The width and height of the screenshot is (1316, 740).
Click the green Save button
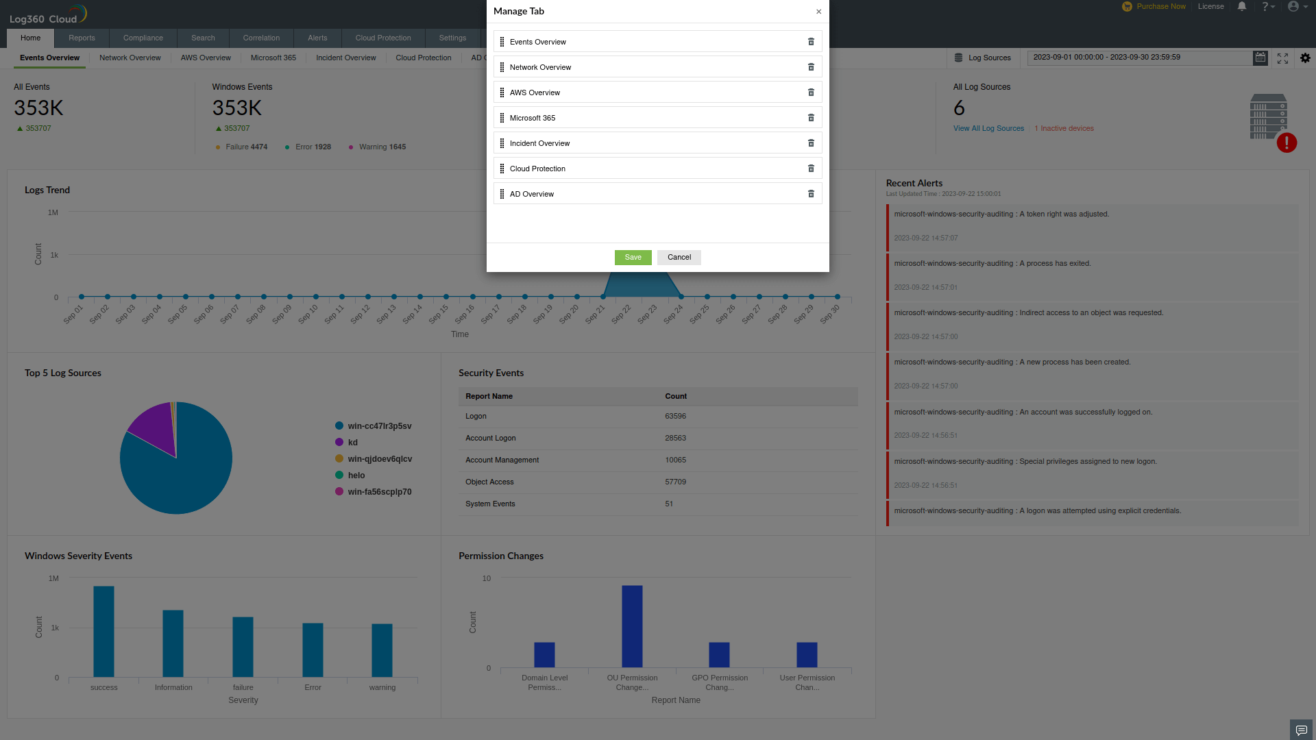coord(633,258)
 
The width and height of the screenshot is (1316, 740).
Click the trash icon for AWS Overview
coord(811,92)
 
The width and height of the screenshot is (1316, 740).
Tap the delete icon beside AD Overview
coord(811,194)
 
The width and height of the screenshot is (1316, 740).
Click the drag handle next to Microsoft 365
coord(502,118)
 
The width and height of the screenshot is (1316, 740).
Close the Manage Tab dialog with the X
coord(818,12)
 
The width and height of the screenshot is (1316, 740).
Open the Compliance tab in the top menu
coord(143,38)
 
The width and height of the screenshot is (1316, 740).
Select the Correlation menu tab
coord(261,38)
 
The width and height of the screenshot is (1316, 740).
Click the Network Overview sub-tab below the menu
coord(130,58)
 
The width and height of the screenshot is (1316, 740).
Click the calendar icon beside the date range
coord(1260,58)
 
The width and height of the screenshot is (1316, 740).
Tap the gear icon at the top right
coord(1305,58)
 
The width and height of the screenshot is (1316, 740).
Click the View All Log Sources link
coord(988,129)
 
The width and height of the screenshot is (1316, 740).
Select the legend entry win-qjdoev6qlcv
coord(379,459)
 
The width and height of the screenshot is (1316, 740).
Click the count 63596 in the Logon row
coord(675,417)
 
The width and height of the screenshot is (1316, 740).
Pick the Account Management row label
coord(502,460)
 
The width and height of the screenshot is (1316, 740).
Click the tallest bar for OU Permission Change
coord(632,626)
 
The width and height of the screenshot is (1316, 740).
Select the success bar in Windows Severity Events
coord(103,631)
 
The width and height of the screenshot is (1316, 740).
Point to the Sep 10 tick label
coord(308,314)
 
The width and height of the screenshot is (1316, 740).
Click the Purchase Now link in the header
coord(1160,7)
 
